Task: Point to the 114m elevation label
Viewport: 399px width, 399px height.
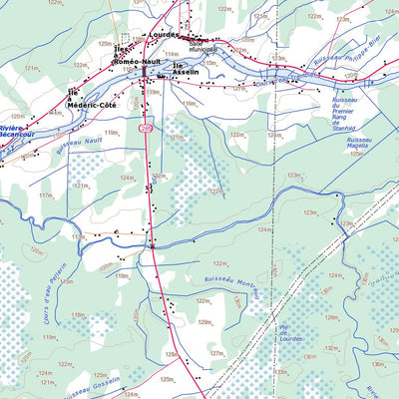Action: click(172, 54)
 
